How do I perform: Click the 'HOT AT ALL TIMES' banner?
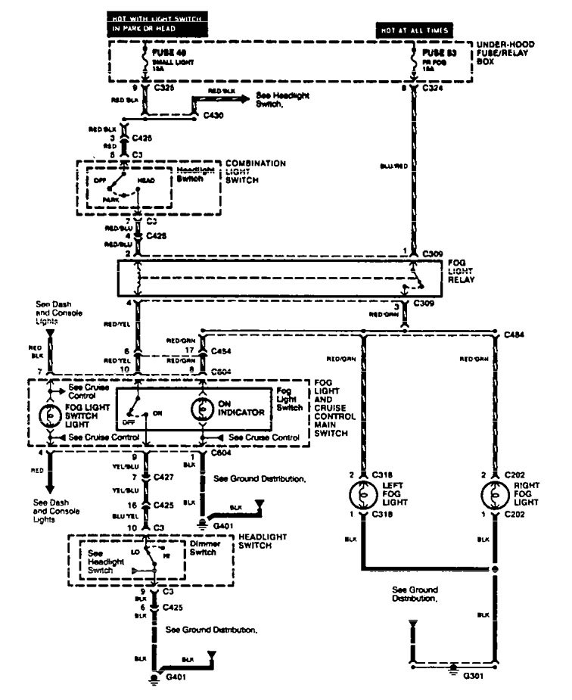click(x=415, y=30)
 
